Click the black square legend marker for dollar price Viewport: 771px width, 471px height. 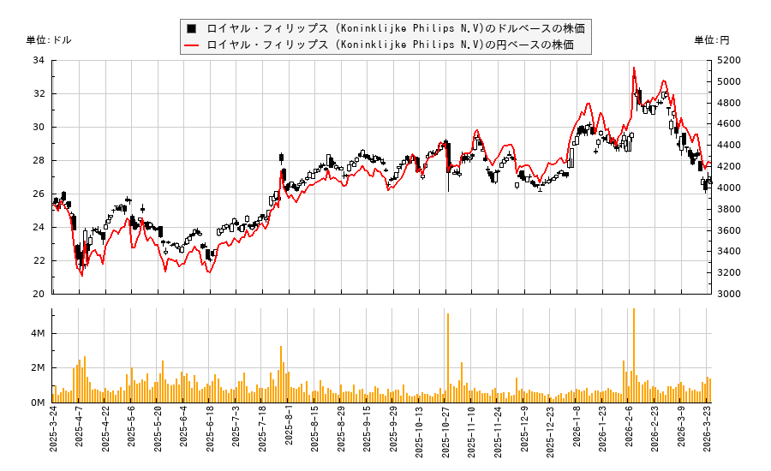pyautogui.click(x=192, y=28)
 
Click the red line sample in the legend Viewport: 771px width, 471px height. pyautogui.click(x=192, y=45)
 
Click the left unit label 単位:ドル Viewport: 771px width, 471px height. pyautogui.click(x=49, y=40)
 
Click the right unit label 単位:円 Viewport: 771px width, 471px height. pyautogui.click(x=711, y=40)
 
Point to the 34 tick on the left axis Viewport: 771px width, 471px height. pyautogui.click(x=39, y=61)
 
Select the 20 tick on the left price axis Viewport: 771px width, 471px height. pyautogui.click(x=39, y=294)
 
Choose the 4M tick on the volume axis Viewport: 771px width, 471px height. pyautogui.click(x=38, y=333)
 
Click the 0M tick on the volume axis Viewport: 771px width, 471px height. pyautogui.click(x=38, y=402)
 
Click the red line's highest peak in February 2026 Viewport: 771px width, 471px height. pyautogui.click(x=633, y=68)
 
